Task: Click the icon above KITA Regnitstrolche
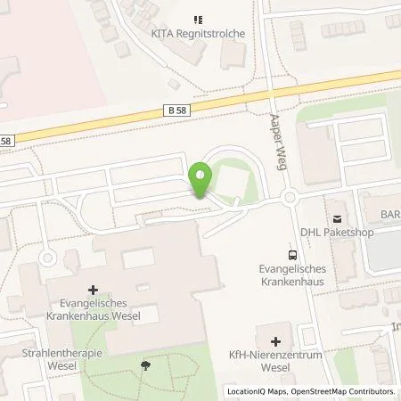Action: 197,18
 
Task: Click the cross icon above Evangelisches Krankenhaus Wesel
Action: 94,290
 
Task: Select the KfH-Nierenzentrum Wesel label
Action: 274,364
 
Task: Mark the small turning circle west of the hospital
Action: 47,260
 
